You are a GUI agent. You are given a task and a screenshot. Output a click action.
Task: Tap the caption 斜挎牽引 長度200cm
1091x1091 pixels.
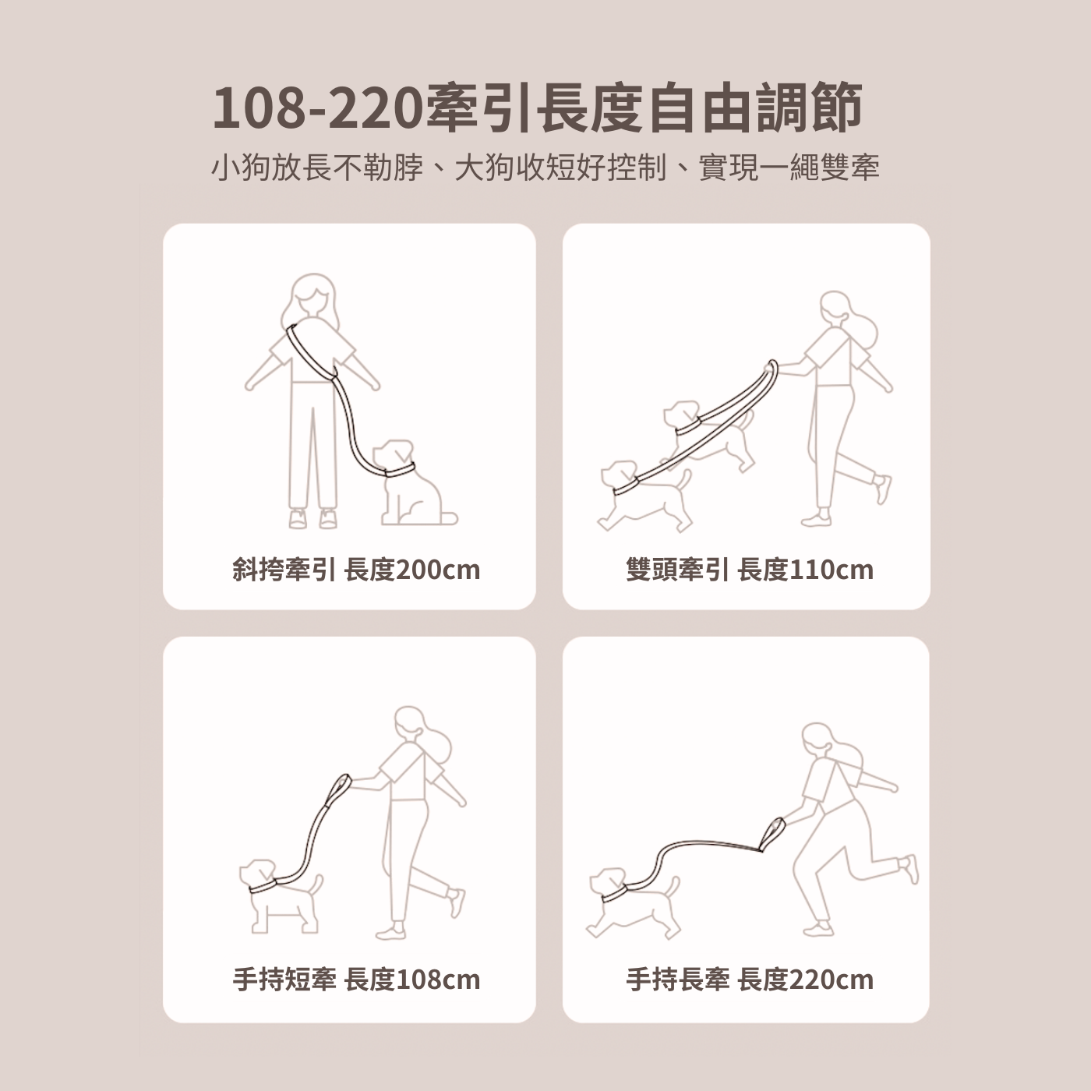pyautogui.click(x=356, y=570)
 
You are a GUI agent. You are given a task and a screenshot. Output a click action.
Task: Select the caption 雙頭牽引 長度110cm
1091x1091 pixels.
pyautogui.click(x=750, y=570)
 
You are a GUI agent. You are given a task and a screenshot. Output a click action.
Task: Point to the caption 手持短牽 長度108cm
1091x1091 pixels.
pyautogui.click(x=356, y=980)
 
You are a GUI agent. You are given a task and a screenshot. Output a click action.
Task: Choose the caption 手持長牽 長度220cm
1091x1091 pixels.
pyautogui.click(x=750, y=980)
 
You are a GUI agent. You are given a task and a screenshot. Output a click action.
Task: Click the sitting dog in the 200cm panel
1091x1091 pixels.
pyautogui.click(x=413, y=484)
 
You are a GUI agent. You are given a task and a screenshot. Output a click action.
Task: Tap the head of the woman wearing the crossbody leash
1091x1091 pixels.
pyautogui.click(x=313, y=299)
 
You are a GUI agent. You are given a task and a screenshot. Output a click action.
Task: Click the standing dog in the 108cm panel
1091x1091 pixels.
pyautogui.click(x=281, y=897)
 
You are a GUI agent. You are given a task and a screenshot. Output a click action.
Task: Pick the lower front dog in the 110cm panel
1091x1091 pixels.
pyautogui.click(x=645, y=496)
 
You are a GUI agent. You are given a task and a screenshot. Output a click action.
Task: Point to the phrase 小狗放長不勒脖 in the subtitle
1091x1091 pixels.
pyautogui.click(x=317, y=168)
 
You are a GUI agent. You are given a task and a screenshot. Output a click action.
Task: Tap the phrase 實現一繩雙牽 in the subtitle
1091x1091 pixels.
pyautogui.click(x=789, y=168)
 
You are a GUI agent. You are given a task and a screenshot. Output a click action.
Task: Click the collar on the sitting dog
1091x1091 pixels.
pyautogui.click(x=401, y=469)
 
